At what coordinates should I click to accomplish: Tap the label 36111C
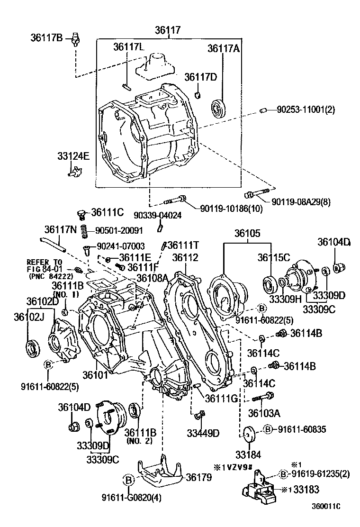click(x=108, y=213)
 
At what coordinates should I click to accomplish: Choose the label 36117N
click(x=61, y=229)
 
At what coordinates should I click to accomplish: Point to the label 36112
click(x=185, y=257)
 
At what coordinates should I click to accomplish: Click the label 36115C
click(x=274, y=257)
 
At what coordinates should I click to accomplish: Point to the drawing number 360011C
click(x=326, y=519)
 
